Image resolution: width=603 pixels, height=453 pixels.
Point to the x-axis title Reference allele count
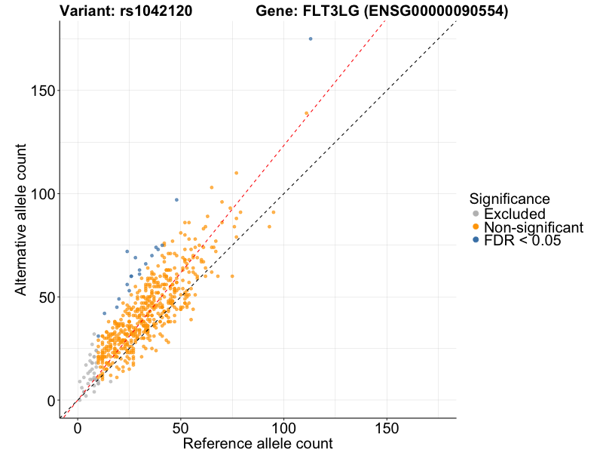(x=258, y=443)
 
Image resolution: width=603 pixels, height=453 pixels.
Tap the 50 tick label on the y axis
(x=45, y=297)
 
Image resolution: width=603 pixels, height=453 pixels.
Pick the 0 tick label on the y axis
(x=50, y=400)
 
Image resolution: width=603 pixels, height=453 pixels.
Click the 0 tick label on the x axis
(x=78, y=427)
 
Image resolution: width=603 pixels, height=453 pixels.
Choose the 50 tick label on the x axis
(x=180, y=427)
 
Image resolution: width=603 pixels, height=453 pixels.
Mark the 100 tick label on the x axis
(x=283, y=427)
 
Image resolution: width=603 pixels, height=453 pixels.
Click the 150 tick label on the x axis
(x=387, y=427)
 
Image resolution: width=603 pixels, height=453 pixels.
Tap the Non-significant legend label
(x=534, y=228)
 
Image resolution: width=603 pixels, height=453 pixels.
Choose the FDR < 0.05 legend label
(x=523, y=242)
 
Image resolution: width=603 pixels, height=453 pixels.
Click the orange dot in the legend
(x=476, y=228)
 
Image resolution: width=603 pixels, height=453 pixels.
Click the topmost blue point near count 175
(x=311, y=39)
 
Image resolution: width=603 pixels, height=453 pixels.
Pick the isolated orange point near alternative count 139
(x=307, y=113)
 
